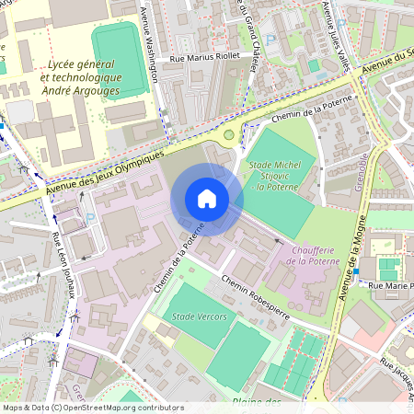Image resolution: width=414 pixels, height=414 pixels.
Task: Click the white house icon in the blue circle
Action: click(x=207, y=199)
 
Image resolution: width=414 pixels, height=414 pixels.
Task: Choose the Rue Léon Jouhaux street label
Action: click(x=64, y=267)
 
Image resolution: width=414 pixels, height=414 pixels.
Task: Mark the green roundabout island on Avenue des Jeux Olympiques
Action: click(x=229, y=134)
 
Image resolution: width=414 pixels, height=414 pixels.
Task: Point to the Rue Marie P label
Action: click(x=389, y=286)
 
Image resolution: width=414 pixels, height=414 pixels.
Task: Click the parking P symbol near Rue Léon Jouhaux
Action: click(x=89, y=218)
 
